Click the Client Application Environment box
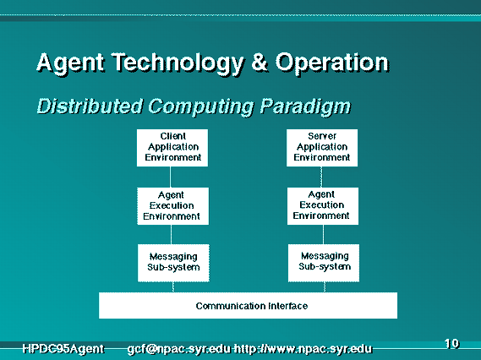tap(172, 148)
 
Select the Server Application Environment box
tap(322, 148)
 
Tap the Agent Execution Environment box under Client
tap(173, 206)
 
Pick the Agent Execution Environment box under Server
tap(323, 206)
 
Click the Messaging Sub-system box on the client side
tap(173, 263)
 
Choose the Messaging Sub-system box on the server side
tap(324, 263)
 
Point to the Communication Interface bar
tap(248, 305)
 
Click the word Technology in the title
tap(178, 63)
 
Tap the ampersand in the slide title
tap(260, 63)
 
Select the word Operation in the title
tap(332, 63)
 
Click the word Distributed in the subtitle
tap(90, 106)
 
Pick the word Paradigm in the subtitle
tap(305, 107)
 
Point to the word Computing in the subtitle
tap(201, 107)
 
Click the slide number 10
tap(451, 343)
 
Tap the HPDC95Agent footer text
tap(63, 349)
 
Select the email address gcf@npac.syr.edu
tap(179, 349)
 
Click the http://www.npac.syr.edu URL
tap(303, 349)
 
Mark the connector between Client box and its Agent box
tap(171, 177)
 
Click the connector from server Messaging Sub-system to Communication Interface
tap(325, 287)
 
